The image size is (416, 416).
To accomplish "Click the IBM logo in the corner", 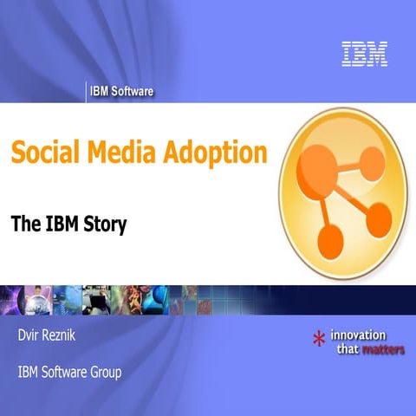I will click(x=364, y=53).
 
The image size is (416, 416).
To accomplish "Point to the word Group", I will click(x=104, y=374).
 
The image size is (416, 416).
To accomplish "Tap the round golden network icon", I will click(x=344, y=190).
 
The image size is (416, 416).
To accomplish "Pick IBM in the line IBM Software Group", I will click(x=27, y=374).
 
